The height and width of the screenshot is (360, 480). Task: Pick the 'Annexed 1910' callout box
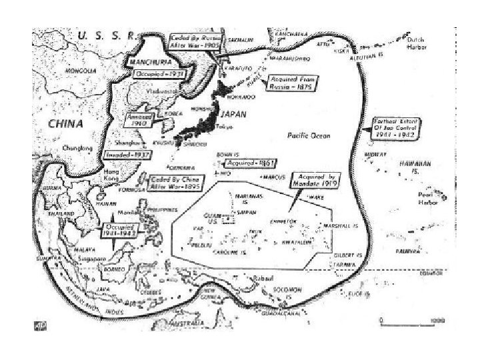(x=141, y=120)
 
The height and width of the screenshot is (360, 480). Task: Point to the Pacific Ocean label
(x=308, y=136)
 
